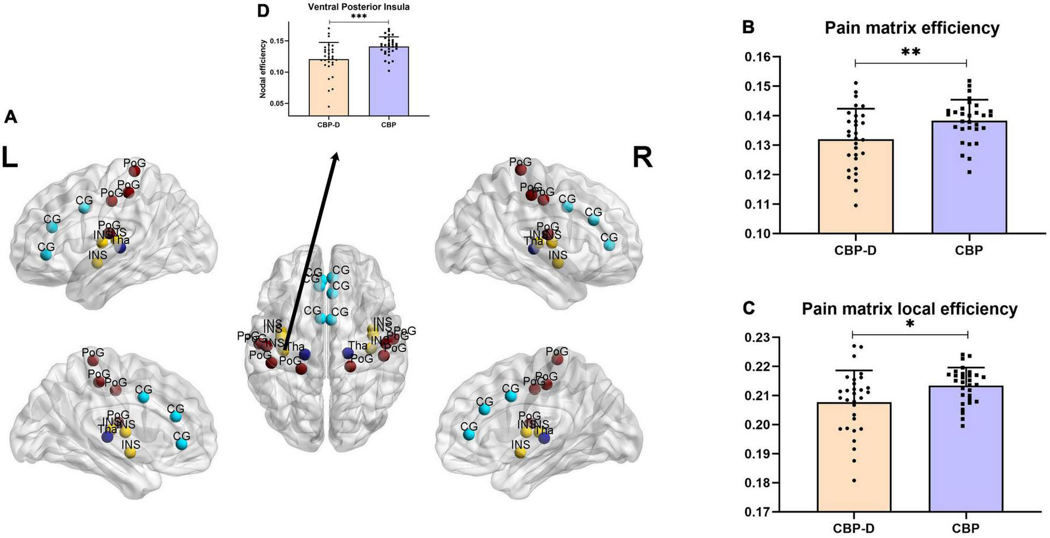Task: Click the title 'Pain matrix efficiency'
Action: coord(912,28)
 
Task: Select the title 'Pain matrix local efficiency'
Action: coord(910,309)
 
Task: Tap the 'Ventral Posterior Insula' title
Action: coord(359,7)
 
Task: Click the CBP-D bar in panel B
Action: coord(856,186)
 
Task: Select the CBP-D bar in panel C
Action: coord(854,456)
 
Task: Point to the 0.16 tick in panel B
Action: coord(761,57)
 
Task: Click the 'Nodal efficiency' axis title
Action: coord(262,69)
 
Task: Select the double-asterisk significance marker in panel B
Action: coord(910,52)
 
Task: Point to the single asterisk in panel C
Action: coord(910,325)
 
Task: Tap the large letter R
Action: coord(643,158)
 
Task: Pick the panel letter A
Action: coord(10,117)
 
